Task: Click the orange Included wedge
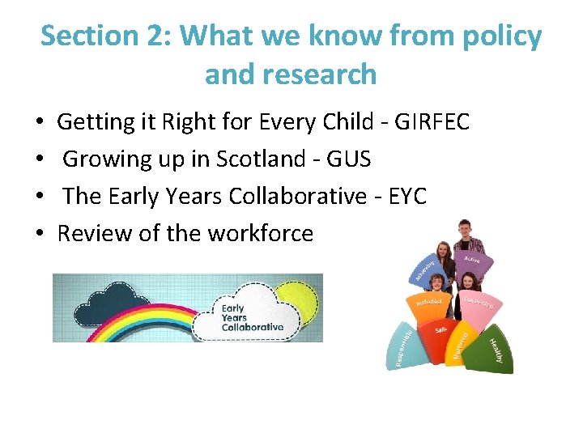[429, 303]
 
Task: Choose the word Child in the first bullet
[355, 122]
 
